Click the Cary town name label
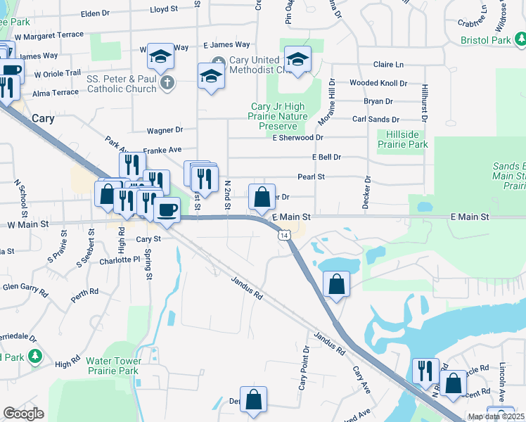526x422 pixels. pyautogui.click(x=43, y=119)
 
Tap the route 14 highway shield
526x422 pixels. pyautogui.click(x=283, y=234)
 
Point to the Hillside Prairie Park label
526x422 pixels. pyautogui.click(x=402, y=139)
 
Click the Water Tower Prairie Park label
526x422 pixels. pyautogui.click(x=113, y=365)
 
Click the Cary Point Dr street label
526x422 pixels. pyautogui.click(x=303, y=369)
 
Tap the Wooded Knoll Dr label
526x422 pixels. pyautogui.click(x=378, y=83)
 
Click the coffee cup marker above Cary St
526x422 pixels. pyautogui.click(x=167, y=210)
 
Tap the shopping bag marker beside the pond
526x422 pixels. pyautogui.click(x=337, y=284)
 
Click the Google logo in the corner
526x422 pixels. pyautogui.click(x=23, y=414)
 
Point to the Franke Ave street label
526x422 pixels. pyautogui.click(x=162, y=150)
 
